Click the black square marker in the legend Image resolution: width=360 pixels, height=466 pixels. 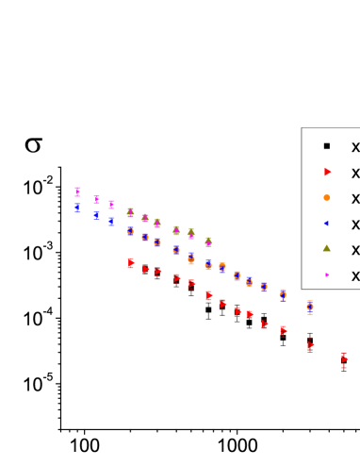point(327,146)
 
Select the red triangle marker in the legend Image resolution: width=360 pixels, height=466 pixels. point(327,172)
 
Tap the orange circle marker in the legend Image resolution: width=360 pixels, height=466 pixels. point(327,198)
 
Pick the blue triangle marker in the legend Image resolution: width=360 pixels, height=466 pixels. point(327,224)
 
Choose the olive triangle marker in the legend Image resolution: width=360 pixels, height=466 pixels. point(327,249)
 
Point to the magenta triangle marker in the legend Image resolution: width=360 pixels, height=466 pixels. point(327,275)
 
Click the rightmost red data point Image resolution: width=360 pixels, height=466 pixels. point(343,360)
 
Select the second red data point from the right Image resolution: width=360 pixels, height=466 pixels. point(309,346)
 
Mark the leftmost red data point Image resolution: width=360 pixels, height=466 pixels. point(130,263)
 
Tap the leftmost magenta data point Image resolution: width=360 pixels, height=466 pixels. point(77,191)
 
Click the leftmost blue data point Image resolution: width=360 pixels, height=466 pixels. point(77,208)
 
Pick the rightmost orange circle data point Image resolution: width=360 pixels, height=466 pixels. point(309,307)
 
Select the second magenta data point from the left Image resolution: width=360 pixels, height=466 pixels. point(96,199)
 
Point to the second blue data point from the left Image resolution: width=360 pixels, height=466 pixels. point(96,215)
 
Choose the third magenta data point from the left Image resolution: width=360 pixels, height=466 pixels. point(111,205)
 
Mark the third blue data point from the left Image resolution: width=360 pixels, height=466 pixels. point(111,222)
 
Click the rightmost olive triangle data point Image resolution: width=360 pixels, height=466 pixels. point(208,241)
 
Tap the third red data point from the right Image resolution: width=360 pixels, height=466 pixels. point(283,330)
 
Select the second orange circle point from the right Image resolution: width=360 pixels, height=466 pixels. point(283,295)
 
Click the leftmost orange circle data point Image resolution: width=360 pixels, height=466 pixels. point(130,231)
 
